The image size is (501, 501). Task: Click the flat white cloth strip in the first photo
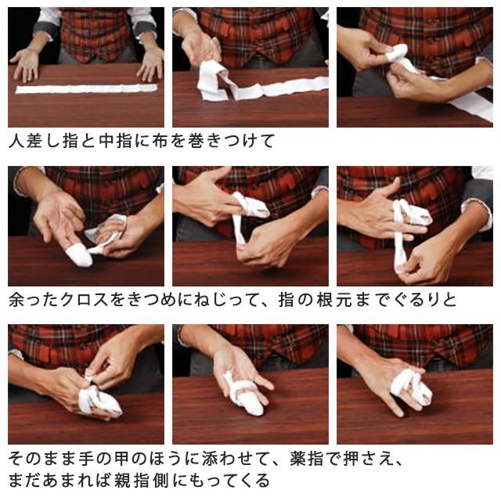(x=86, y=88)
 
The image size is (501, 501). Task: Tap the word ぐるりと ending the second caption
(x=424, y=300)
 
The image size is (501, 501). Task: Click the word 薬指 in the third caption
(x=307, y=459)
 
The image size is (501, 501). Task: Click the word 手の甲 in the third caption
(x=105, y=459)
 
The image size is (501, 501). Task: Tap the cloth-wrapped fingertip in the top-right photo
(x=396, y=52)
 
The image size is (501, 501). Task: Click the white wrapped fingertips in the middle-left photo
(x=78, y=254)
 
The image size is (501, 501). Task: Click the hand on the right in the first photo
(x=150, y=64)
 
